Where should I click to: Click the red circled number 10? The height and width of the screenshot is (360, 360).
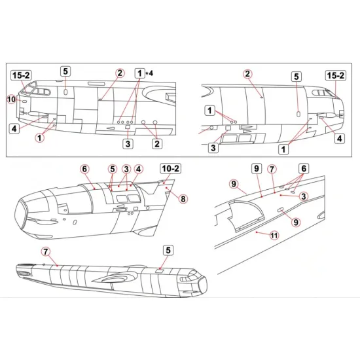click(x=10, y=99)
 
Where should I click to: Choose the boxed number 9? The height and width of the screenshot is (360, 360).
click(x=255, y=168)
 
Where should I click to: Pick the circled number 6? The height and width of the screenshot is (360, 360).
click(x=84, y=168)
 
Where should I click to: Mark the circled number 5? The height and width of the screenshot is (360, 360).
click(x=112, y=168)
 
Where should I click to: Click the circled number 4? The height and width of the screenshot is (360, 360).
click(x=137, y=168)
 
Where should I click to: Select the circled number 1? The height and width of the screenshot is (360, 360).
click(x=40, y=138)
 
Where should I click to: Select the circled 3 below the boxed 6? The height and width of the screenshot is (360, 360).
click(x=304, y=196)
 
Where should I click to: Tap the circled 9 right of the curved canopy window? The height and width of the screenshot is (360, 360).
click(x=296, y=222)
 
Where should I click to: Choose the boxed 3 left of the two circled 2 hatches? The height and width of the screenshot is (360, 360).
click(x=128, y=143)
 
